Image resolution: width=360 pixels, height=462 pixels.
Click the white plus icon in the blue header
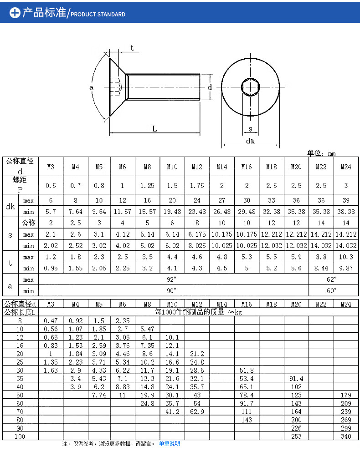(15, 13)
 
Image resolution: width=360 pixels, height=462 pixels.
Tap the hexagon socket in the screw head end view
(250, 86)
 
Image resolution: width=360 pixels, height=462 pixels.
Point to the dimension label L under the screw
(154, 129)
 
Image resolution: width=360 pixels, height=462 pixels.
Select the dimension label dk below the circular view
(250, 141)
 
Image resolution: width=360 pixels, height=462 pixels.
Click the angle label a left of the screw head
(91, 86)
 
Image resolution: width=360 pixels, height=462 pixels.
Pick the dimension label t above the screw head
(132, 48)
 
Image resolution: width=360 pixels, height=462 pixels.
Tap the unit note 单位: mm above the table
(321, 153)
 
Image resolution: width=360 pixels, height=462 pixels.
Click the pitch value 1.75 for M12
(197, 185)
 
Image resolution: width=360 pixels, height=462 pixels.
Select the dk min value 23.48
(197, 212)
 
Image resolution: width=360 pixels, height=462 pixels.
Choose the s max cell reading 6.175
(197, 234)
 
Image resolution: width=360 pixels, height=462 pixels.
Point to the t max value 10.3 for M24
(346, 257)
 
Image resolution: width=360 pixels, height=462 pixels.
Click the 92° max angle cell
(172, 279)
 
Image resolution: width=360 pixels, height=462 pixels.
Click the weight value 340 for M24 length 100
(346, 436)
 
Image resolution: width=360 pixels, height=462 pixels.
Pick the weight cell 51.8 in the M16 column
(247, 370)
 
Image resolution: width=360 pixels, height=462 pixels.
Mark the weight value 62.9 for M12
(197, 411)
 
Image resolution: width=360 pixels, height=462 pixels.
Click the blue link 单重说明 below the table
(170, 443)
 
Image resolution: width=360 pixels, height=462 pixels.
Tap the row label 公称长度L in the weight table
(20, 312)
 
